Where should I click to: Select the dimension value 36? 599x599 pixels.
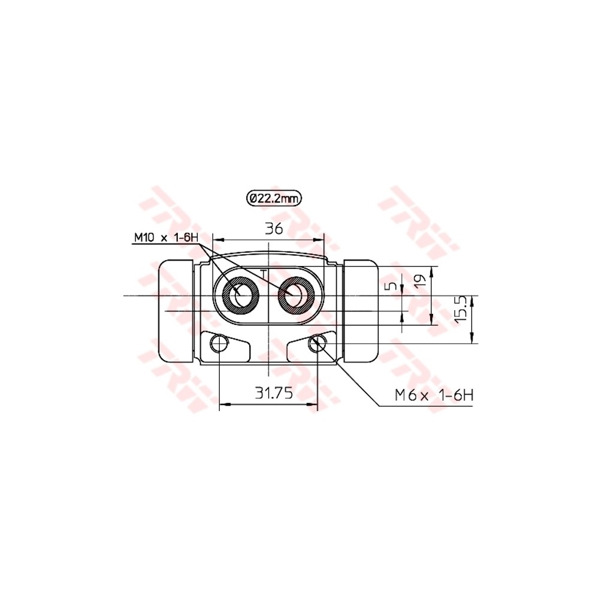pos(274,228)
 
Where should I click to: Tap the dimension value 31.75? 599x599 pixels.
pos(273,393)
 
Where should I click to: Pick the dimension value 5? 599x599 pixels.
pos(391,286)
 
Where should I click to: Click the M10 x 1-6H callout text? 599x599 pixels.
pos(165,238)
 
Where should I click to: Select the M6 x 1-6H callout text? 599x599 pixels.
pos(434,395)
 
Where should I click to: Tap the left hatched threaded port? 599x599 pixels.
pos(241,295)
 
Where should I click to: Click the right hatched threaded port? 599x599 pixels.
pos(296,295)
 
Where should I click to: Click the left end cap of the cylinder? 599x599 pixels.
pos(176,311)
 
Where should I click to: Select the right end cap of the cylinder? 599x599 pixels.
pos(362,311)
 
